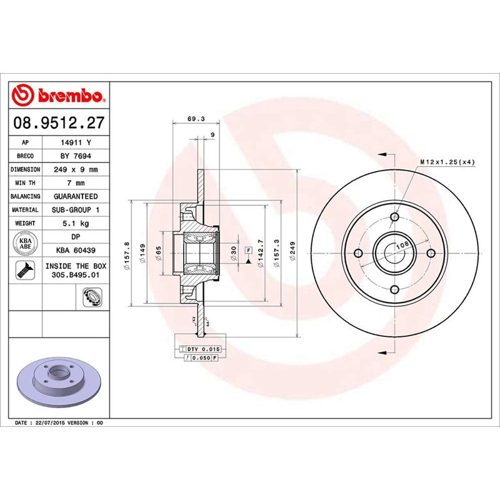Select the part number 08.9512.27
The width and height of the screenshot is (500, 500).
coord(59,123)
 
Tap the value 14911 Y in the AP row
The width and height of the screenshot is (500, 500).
coord(75,142)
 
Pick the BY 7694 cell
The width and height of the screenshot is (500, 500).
coord(75,156)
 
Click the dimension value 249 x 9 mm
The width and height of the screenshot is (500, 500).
coord(75,169)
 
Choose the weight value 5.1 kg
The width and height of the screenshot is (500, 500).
coord(75,223)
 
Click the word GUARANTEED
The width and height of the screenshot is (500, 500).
coord(75,196)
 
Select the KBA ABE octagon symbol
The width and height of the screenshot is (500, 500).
coord(26,244)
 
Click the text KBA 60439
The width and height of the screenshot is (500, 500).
coord(75,250)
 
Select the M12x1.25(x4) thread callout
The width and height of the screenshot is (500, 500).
coord(447,162)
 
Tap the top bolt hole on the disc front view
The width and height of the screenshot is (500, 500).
coord(394,217)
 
